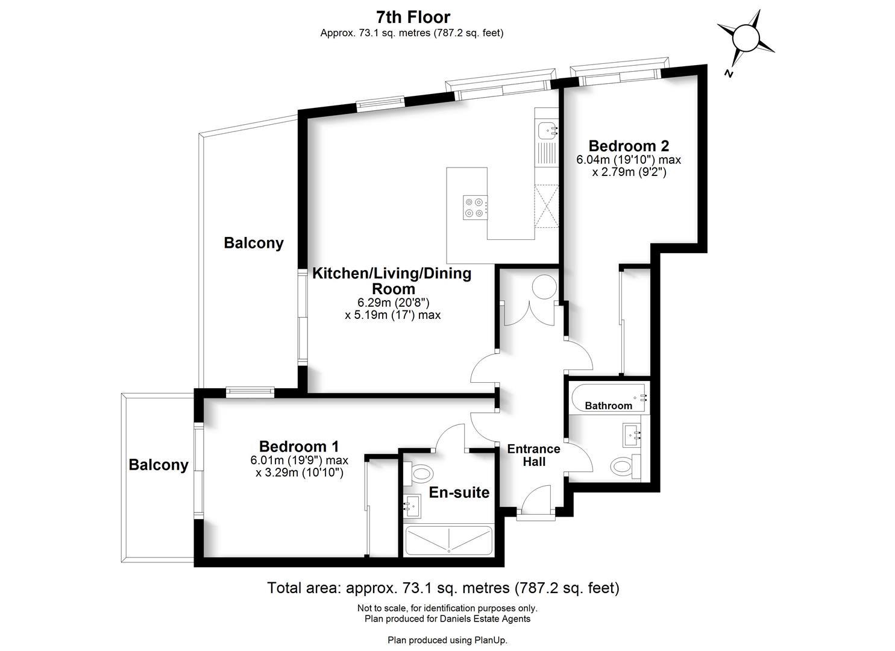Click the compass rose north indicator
745,39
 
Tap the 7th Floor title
412,17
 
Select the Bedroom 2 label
629,146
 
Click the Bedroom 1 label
298,446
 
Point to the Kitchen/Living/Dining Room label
392,280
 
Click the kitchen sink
547,128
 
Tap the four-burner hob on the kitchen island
473,207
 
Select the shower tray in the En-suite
449,541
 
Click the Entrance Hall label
533,455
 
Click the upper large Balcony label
253,243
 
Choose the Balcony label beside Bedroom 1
159,465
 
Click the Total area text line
443,588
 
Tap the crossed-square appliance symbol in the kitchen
547,206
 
